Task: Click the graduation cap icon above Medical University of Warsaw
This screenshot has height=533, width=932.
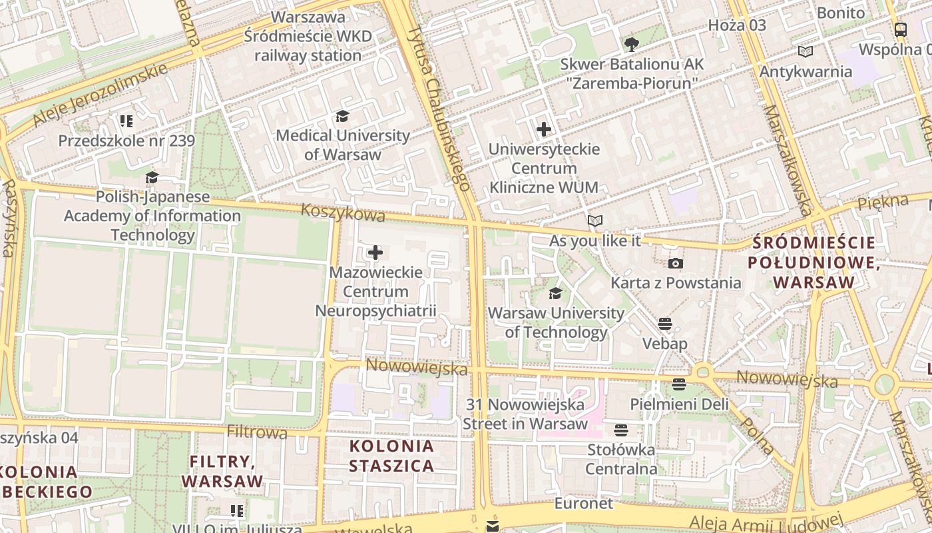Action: coord(342,117)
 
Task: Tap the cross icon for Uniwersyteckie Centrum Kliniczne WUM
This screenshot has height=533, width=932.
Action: coord(544,129)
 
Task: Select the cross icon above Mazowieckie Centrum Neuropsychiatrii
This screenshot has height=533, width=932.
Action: coord(375,253)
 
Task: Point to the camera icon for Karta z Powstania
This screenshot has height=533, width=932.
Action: coord(676,264)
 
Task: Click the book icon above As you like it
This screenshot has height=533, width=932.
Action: coord(594,221)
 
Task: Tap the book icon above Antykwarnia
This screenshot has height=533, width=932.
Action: coord(806,52)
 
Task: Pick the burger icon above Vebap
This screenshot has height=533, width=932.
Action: coord(664,324)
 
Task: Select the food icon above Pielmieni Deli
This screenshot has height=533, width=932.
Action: coord(678,384)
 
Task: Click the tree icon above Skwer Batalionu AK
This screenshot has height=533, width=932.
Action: coord(631,45)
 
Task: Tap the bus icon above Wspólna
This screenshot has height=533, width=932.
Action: coord(901,29)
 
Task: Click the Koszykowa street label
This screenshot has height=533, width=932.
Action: coord(343,213)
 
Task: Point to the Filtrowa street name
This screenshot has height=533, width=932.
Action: coord(257,432)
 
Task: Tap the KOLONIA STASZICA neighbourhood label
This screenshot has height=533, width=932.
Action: coord(391,456)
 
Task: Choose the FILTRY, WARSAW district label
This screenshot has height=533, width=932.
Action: coord(222,471)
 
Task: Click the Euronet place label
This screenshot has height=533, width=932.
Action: coord(583,504)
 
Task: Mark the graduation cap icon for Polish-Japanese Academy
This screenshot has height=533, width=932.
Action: coord(152,178)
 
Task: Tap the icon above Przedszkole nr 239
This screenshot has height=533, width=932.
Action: coord(126,121)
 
